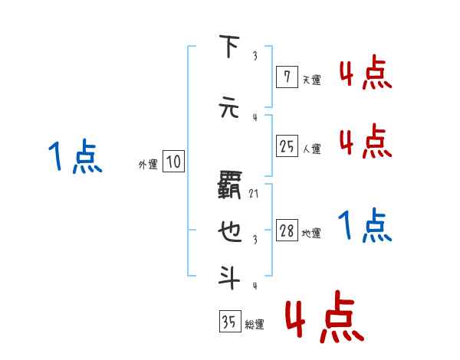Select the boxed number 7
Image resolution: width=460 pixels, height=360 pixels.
[285, 76]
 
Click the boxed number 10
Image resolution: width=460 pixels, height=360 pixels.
[173, 162]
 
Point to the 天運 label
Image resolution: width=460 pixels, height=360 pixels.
[311, 79]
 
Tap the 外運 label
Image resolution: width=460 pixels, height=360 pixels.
[147, 164]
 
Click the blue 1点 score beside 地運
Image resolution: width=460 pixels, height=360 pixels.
[365, 225]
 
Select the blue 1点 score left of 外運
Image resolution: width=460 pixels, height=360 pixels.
[74, 157]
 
